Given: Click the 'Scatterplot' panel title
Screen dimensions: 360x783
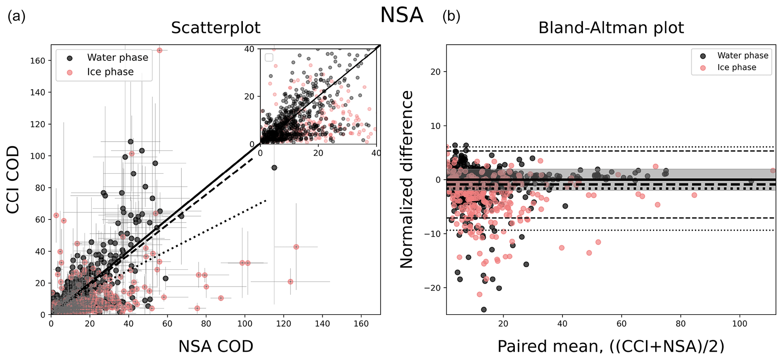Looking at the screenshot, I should coord(216,28).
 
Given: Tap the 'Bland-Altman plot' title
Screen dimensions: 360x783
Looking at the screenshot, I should coord(611,28).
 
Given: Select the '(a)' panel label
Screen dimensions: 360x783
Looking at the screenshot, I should coord(16,16).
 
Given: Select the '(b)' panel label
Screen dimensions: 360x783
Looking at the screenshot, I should coord(451,16).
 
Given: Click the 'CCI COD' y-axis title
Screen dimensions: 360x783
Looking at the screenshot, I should coord(13,180).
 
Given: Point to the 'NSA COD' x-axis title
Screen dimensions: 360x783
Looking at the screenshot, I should coord(216,346).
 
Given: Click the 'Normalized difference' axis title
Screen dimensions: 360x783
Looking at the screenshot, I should coord(407,180).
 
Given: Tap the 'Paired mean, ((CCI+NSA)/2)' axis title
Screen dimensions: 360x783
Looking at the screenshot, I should coord(611,346).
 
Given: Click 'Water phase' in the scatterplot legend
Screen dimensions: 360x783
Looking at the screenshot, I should coord(117,58).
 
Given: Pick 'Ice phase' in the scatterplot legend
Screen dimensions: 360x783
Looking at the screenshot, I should coord(110,72).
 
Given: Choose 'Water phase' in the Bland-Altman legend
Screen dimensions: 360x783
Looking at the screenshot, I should coord(742,56).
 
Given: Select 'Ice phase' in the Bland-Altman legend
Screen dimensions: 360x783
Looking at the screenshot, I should coord(736,67).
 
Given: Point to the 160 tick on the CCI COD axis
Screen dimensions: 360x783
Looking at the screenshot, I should coord(38,61).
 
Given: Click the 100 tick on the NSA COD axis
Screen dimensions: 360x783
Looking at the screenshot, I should coord(245,324).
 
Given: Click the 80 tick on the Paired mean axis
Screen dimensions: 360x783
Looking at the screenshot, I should coord(681,324).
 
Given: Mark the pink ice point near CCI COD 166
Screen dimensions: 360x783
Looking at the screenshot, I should coord(159,50).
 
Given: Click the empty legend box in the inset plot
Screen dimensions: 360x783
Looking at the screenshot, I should coord(269,57).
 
